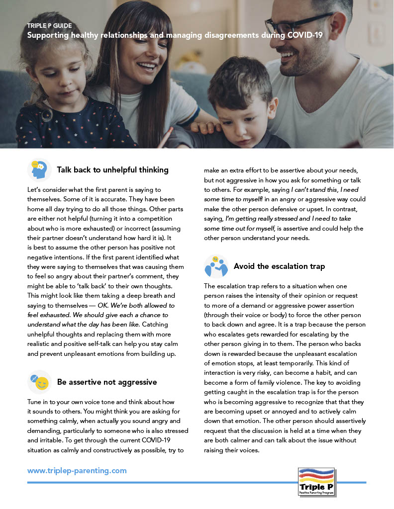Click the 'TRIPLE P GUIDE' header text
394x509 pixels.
(49, 26)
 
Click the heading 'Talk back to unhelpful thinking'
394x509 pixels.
(112, 170)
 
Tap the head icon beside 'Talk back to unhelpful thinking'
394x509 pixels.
(39, 170)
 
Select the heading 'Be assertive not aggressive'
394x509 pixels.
(107, 382)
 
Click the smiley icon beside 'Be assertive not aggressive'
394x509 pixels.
(40, 382)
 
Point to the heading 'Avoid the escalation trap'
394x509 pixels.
(279, 266)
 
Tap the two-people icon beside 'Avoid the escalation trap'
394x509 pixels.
(216, 266)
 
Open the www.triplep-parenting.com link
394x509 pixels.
(77, 470)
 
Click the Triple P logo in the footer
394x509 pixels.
(316, 481)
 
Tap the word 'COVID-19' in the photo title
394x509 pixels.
(305, 36)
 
